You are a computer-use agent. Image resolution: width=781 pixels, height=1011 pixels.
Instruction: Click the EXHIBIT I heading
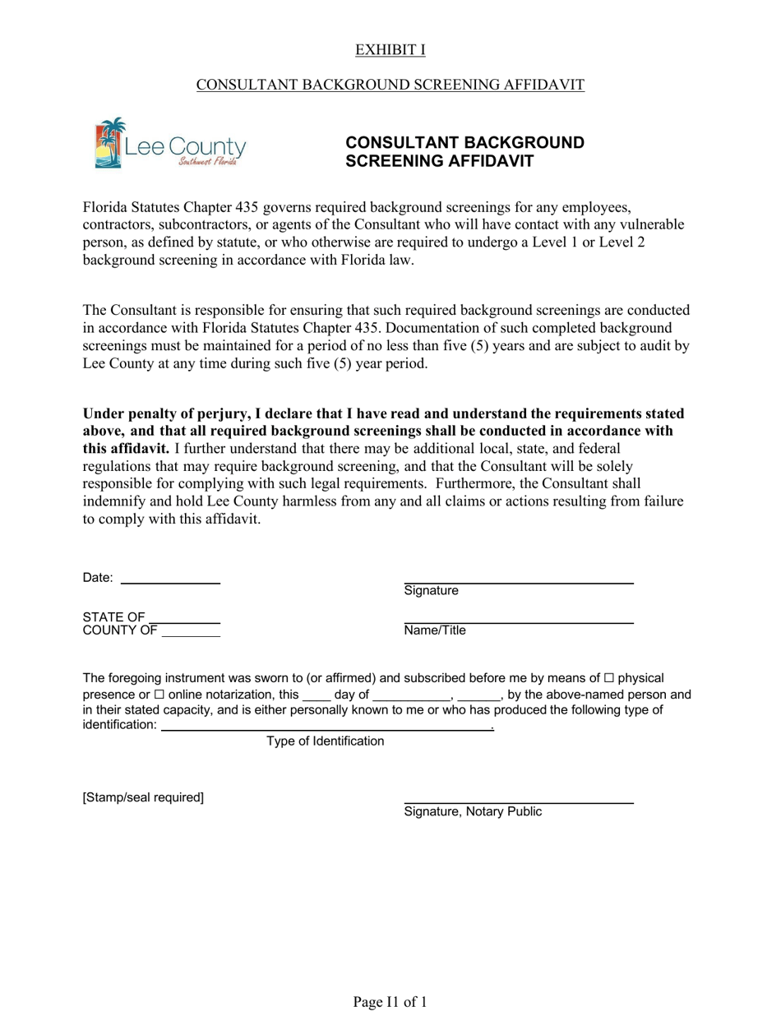[390, 50]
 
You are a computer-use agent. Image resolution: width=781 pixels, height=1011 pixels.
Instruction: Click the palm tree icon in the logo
[109, 142]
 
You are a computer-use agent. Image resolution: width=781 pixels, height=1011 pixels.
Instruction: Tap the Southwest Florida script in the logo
[209, 162]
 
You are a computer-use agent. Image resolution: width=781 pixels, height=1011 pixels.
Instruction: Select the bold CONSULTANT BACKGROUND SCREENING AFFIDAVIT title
[464, 152]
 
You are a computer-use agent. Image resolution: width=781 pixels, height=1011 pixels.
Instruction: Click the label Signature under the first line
[431, 591]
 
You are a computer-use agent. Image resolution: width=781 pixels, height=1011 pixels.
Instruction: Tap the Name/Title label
[434, 630]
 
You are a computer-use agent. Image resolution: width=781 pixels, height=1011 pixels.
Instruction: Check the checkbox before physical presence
[608, 679]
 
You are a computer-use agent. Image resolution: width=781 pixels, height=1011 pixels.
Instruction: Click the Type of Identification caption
[325, 741]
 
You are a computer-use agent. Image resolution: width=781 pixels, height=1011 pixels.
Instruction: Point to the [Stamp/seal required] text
[143, 797]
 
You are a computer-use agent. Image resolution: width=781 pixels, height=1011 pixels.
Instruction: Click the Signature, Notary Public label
[473, 812]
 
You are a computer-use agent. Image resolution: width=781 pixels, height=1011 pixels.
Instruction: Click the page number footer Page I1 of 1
[390, 1001]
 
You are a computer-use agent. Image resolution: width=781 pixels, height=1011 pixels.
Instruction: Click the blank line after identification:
[326, 726]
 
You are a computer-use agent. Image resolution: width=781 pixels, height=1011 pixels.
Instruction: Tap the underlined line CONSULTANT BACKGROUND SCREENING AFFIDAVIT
[390, 85]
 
